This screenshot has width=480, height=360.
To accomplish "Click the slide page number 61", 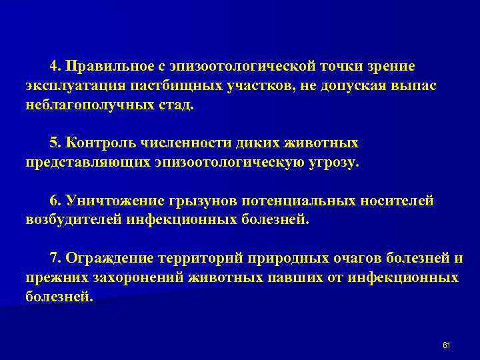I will (447, 344).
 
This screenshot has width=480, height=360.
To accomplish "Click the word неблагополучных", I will (83, 105).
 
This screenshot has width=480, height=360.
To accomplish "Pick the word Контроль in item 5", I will (93, 143).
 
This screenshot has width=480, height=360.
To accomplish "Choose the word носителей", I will (397, 200).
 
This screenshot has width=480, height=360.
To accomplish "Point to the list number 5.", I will (54, 143).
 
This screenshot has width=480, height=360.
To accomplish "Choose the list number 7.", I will (54, 258).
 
